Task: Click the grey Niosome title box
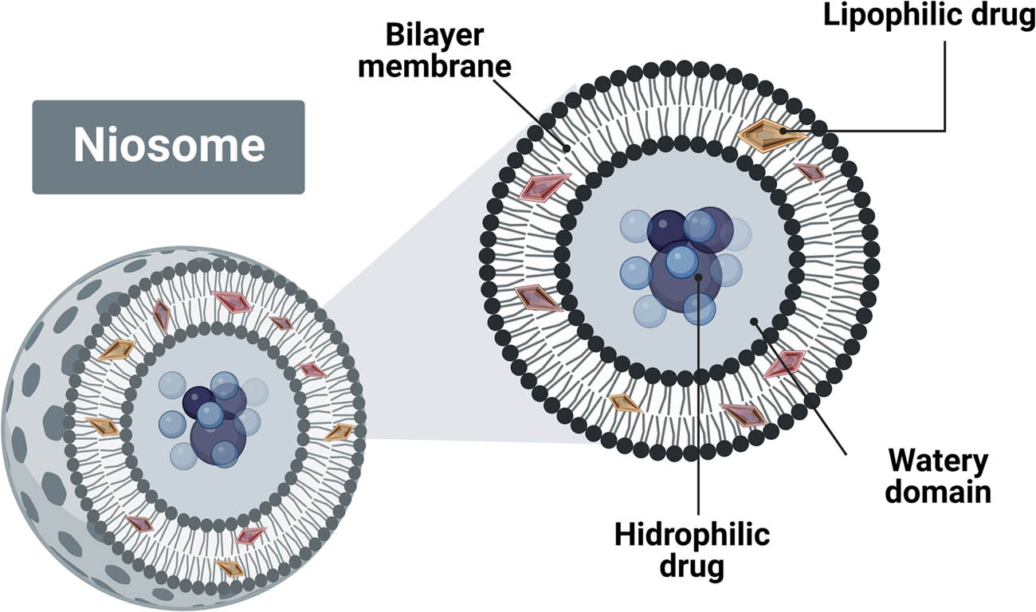tap(168, 147)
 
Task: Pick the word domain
tap(939, 492)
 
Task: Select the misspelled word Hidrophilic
tap(692, 535)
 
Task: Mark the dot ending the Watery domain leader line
tap(753, 322)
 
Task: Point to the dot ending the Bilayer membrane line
tap(566, 147)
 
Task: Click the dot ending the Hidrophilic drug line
tap(698, 277)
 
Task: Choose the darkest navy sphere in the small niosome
tap(198, 402)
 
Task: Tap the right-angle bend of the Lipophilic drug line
tap(944, 129)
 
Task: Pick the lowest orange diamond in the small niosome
tap(230, 567)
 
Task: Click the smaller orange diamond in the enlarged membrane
tap(625, 403)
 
